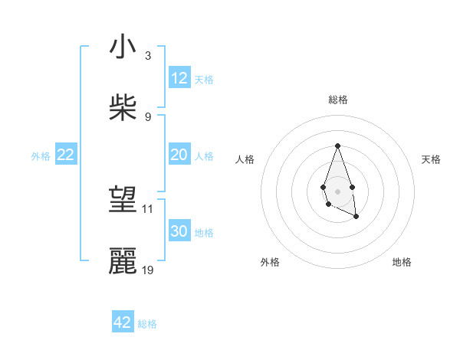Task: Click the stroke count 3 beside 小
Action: point(147,56)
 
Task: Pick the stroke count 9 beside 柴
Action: point(147,117)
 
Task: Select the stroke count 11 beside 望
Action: point(148,208)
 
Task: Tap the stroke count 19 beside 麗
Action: point(148,270)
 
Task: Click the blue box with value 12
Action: point(179,78)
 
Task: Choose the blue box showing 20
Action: point(179,155)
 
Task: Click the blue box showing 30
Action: point(179,231)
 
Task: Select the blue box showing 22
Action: point(66,155)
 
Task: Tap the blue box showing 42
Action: point(123,322)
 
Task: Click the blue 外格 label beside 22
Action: point(41,156)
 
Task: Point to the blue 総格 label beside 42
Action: point(147,324)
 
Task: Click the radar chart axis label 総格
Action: point(337,100)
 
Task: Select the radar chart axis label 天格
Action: point(431,159)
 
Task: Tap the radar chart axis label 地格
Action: point(402,262)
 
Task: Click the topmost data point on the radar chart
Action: point(337,146)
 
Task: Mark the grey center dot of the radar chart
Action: point(337,190)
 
